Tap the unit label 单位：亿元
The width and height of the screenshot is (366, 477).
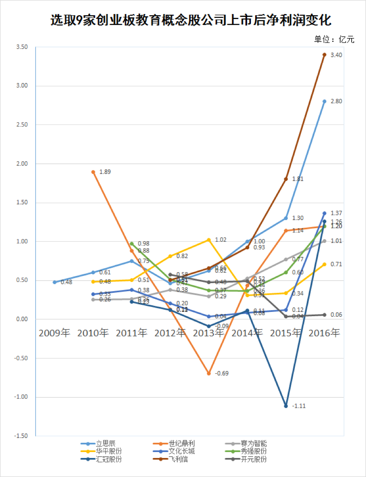pos(334,39)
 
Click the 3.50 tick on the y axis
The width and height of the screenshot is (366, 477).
pos(22,47)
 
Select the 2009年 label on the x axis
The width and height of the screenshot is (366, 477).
pos(54,333)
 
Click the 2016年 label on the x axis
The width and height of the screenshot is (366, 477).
pos(324,333)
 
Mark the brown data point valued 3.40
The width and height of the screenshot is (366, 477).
pos(324,55)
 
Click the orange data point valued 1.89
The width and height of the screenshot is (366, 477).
pos(93,172)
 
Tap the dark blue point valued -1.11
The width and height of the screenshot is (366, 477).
pos(286,406)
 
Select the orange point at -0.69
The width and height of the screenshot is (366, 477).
pos(209,373)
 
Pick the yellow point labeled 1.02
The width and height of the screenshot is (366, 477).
pos(209,240)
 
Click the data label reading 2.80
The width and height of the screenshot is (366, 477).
pos(336,101)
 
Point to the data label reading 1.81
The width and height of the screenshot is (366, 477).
pos(298,179)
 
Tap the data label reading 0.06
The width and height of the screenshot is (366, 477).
pos(336,314)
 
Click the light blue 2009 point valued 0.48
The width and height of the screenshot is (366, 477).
pos(55,282)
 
